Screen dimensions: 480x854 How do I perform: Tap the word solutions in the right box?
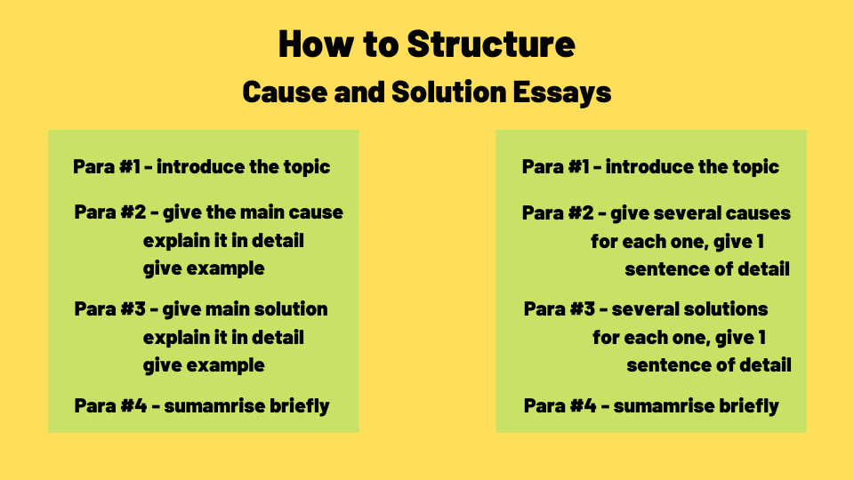point(728,309)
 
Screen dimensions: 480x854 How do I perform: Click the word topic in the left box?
point(304,166)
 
